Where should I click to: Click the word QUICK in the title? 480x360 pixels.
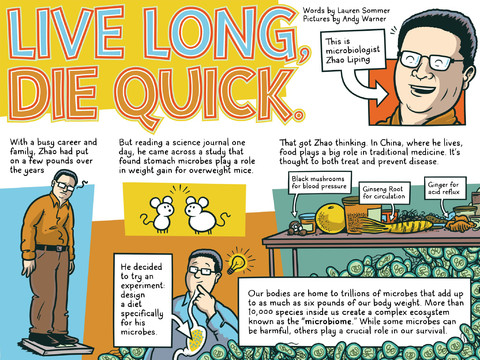point(209,95)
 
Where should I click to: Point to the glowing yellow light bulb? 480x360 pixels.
point(238,263)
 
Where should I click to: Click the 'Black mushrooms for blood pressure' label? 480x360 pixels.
point(319,182)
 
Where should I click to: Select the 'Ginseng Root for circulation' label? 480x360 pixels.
point(384,193)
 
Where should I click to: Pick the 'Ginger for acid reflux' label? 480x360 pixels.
point(444,188)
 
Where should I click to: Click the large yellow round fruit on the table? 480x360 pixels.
point(330,219)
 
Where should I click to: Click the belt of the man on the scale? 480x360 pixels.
point(51,248)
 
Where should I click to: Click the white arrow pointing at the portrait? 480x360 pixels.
point(365,87)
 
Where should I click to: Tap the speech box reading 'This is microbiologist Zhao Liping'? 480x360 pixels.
point(353,51)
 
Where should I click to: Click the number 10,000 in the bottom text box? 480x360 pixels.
point(260,312)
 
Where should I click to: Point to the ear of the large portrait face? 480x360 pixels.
point(469,76)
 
